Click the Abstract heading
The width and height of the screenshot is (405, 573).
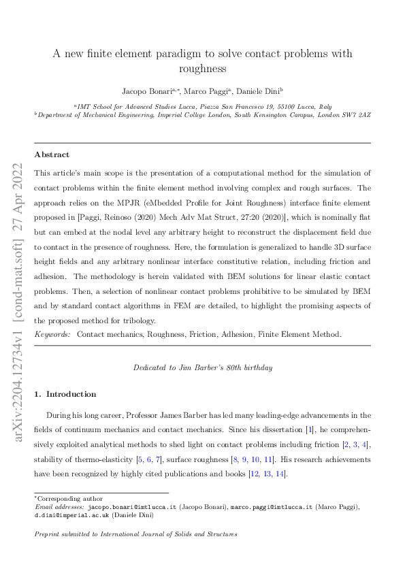pos(52,154)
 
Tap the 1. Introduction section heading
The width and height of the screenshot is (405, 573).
pos(66,394)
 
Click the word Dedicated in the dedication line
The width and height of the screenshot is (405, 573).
pos(151,367)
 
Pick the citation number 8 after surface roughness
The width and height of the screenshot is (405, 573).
pos(234,459)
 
